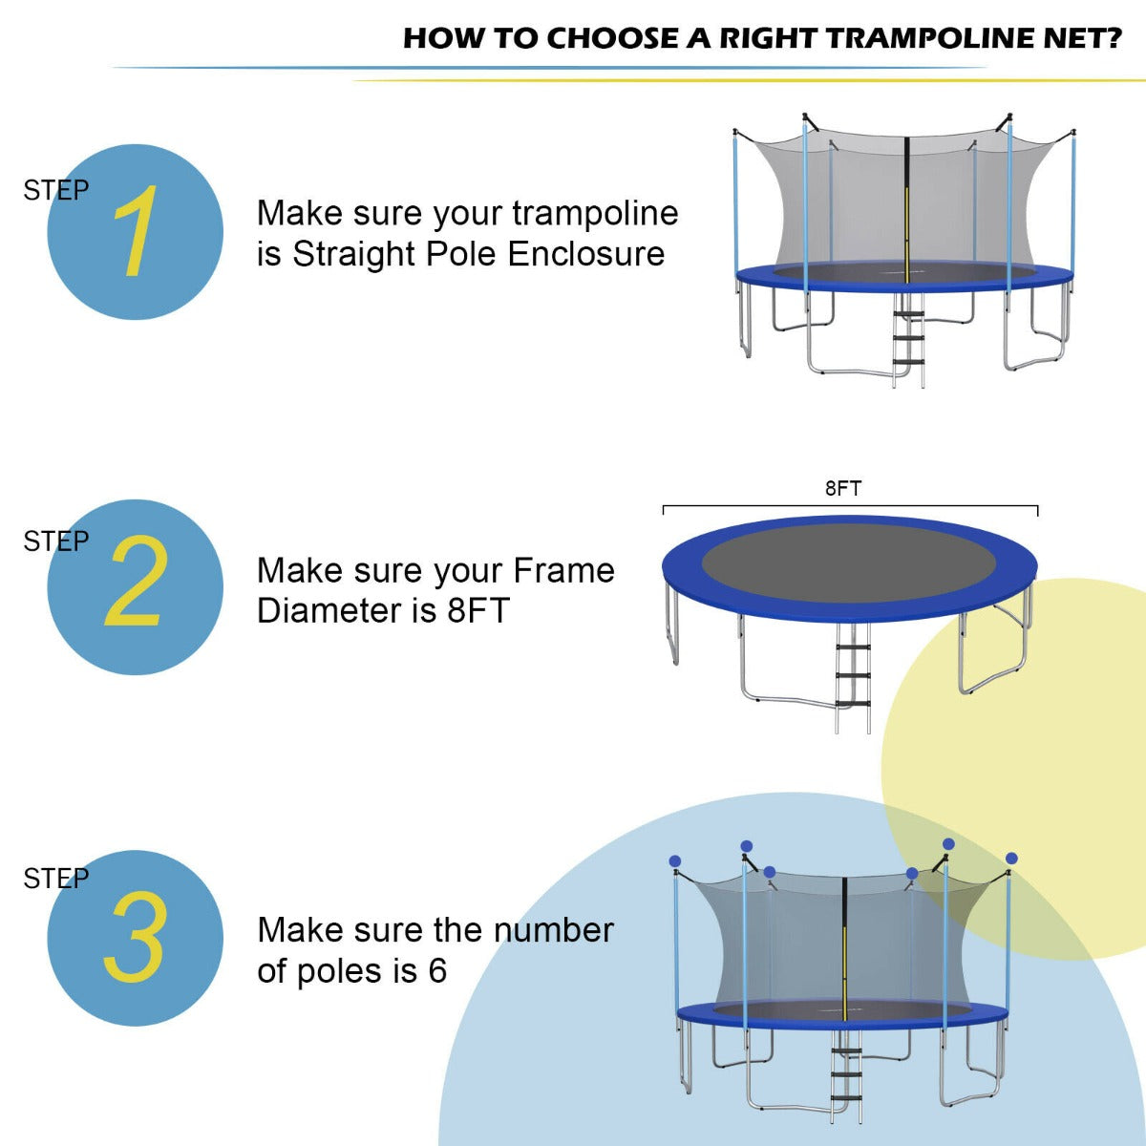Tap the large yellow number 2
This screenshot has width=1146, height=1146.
tap(135, 583)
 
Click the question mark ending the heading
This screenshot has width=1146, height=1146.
tap(1111, 38)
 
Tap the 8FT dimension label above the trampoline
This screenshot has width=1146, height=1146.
tap(843, 489)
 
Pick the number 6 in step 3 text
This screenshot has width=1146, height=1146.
tap(437, 971)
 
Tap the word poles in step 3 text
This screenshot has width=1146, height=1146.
tap(340, 971)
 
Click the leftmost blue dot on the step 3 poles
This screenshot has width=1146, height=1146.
tap(675, 860)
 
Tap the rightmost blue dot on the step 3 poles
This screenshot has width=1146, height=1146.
tap(1011, 859)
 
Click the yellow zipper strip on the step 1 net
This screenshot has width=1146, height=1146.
tap(907, 224)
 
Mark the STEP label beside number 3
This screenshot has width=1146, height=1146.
tap(55, 879)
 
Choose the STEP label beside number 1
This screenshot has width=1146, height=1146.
tap(55, 191)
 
